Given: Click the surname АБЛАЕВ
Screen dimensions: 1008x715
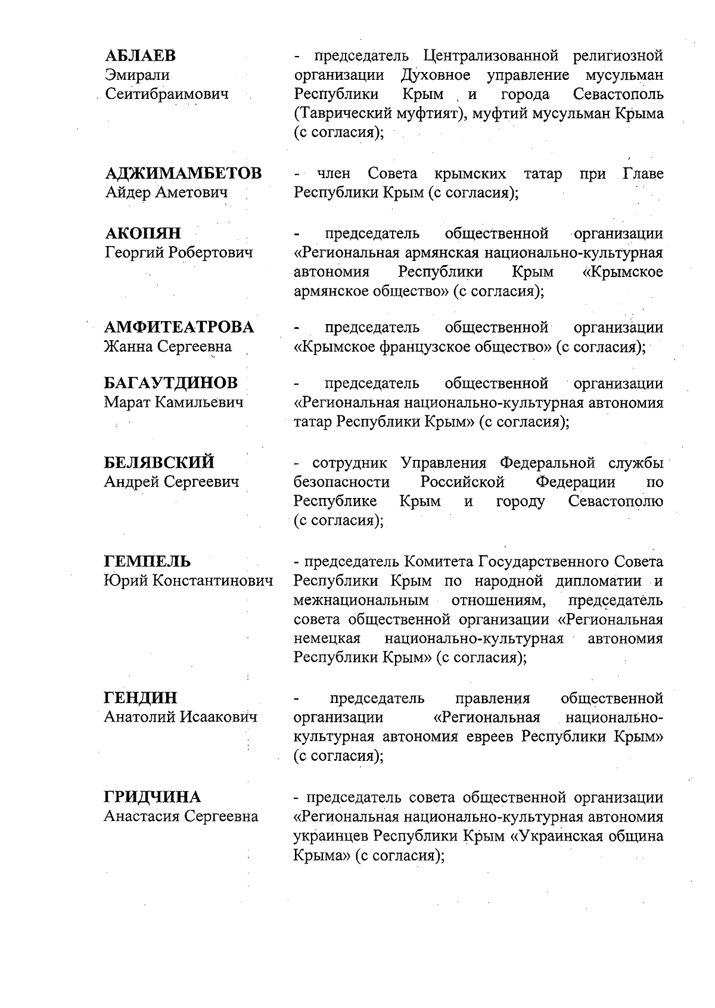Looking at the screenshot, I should point(141,56).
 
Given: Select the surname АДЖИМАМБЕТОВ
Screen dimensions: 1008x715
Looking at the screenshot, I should point(183,173).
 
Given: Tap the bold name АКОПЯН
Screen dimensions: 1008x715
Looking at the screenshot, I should point(143,233).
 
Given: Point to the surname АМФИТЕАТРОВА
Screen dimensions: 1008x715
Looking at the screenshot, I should point(179,327).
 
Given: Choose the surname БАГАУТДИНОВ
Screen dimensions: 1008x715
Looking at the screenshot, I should point(171,382).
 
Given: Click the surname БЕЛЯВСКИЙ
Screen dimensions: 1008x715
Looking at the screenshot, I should point(160,462).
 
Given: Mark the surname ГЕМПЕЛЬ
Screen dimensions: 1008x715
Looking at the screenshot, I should point(148,561).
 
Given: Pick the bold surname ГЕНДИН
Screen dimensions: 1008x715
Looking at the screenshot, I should point(141,698).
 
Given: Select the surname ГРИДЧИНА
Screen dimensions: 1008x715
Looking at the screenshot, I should point(153,797).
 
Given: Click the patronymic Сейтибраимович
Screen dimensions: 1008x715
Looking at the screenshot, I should point(167,94).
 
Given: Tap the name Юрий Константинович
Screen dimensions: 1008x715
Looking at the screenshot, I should point(188,580).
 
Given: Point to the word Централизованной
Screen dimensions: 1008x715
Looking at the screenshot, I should point(490,56).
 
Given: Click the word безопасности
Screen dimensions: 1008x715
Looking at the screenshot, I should point(341,481).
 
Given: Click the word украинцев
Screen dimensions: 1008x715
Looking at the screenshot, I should point(331,836).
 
